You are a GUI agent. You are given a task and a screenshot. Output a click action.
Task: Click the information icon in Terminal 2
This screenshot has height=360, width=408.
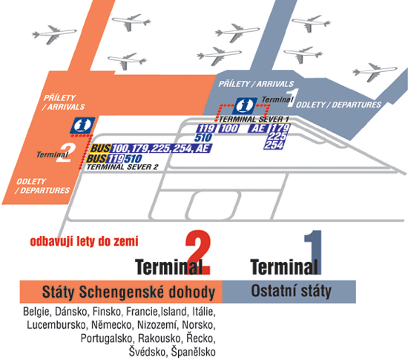82,125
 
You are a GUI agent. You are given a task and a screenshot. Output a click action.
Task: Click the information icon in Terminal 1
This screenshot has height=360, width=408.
245,105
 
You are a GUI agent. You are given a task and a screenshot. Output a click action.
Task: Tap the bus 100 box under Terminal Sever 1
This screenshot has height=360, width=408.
229,128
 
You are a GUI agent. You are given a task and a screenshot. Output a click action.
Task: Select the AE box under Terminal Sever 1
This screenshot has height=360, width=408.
258,128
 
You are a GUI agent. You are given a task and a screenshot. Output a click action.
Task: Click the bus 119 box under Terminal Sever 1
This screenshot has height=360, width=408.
207,128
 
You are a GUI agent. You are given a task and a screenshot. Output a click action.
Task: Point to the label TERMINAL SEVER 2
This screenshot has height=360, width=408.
122,167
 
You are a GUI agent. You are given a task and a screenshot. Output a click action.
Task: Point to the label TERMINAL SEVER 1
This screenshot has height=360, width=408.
254,120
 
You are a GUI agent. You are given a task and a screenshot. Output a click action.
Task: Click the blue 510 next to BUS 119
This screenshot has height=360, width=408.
134,159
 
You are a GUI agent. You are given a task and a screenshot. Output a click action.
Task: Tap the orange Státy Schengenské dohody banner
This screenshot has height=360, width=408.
121,292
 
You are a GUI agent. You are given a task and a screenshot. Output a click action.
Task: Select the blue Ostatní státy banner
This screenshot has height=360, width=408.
289,292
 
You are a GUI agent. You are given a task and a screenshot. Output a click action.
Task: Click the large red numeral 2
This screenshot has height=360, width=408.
198,252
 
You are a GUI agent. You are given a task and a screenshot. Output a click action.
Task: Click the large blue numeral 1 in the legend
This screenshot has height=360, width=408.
313,252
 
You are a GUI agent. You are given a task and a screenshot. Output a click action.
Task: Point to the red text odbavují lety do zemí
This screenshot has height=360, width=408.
84,241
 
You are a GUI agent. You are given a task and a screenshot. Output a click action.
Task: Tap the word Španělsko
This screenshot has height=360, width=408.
194,352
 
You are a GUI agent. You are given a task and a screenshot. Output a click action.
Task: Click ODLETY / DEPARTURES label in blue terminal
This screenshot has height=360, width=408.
338,105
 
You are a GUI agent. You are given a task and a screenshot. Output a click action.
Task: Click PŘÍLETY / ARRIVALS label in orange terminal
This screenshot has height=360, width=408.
64,102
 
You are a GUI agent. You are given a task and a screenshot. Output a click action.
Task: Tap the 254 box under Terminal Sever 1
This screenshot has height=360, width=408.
274,145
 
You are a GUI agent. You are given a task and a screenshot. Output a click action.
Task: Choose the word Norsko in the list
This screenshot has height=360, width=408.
199,325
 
